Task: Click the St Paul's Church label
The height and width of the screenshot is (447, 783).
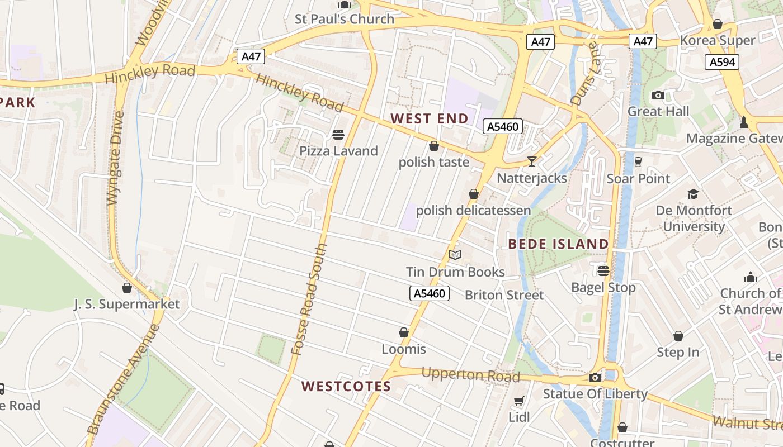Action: point(345,19)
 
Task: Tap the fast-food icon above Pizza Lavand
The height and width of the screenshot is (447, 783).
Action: point(338,134)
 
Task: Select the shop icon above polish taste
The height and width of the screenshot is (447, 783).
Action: point(433,146)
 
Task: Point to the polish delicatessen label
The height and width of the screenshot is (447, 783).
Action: point(473,211)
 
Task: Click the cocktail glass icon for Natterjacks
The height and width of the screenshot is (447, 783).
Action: point(532,161)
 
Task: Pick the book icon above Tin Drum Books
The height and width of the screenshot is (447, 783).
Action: point(455,255)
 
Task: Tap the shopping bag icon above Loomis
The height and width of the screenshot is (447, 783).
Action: point(404,333)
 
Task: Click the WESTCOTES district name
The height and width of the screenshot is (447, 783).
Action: point(346,387)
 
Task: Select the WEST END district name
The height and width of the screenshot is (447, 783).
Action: point(429,118)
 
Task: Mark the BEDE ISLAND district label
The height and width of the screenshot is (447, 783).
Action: point(558,244)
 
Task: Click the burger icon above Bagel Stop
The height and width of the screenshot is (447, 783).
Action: point(603,271)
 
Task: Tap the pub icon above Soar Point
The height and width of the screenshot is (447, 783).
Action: point(638,162)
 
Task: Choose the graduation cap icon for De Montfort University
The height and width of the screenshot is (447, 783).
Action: point(694,194)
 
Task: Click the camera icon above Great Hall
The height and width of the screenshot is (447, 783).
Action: point(658,95)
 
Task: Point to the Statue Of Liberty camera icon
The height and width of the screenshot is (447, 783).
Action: point(595,378)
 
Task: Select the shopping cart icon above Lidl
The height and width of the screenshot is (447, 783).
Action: point(518,401)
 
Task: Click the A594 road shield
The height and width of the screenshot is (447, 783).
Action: point(721,62)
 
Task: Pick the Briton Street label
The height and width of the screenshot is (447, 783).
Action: point(504,295)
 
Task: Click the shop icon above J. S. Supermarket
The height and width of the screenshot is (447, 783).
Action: point(127,288)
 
